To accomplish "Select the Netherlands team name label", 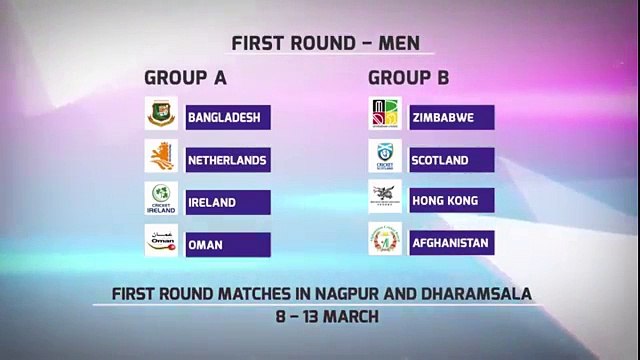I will (x=228, y=159).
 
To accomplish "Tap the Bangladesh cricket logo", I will (x=161, y=116).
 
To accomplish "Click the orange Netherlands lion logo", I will (x=161, y=158).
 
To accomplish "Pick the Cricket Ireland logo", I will (x=161, y=200).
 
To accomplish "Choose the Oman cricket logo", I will (x=161, y=242).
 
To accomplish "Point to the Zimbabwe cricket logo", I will (x=385, y=116).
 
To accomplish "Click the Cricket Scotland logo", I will (x=385, y=158).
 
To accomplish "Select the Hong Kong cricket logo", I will (x=385, y=199).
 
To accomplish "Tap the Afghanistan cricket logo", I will (x=385, y=241).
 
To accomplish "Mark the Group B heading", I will (x=409, y=77).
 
